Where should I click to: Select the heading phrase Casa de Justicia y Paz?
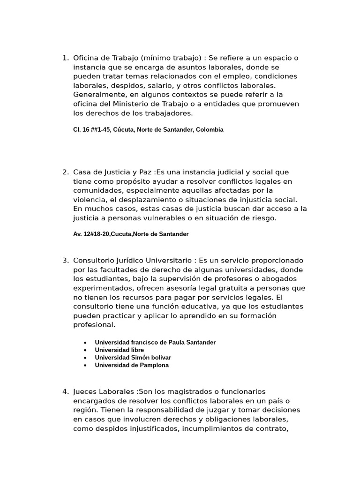112,172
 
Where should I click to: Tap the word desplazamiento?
135,200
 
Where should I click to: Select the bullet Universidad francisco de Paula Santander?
155,343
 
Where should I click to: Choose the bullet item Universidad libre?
119,350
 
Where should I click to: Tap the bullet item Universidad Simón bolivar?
133,358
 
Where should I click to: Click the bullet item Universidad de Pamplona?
132,365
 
